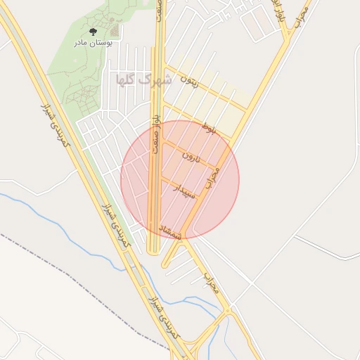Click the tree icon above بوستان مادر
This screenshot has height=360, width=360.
pyautogui.click(x=93, y=32)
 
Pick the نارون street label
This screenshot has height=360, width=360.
pyautogui.click(x=191, y=155)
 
